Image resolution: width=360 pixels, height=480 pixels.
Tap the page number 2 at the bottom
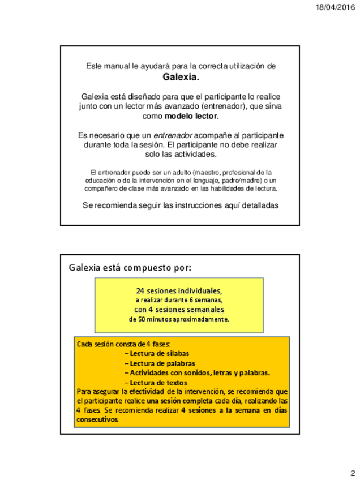pyautogui.click(x=352, y=473)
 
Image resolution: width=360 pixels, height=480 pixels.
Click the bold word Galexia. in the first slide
pyautogui.click(x=181, y=76)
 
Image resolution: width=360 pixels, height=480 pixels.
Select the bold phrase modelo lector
pyautogui.click(x=191, y=116)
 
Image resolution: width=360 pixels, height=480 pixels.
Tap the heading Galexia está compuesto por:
pyautogui.click(x=130, y=267)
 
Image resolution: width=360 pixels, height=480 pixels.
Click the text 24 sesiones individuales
pyautogui.click(x=179, y=290)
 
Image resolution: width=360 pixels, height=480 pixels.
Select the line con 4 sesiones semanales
pyautogui.click(x=179, y=310)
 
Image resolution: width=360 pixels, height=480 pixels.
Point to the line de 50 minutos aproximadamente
pyautogui.click(x=179, y=319)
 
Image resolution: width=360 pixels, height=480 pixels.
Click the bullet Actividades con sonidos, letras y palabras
pyautogui.click(x=196, y=372)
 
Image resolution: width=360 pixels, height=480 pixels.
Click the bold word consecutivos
pyautogui.click(x=97, y=420)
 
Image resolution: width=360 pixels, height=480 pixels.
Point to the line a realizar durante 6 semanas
pyautogui.click(x=179, y=300)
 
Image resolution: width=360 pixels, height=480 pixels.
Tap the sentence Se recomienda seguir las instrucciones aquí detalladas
pyautogui.click(x=181, y=205)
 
